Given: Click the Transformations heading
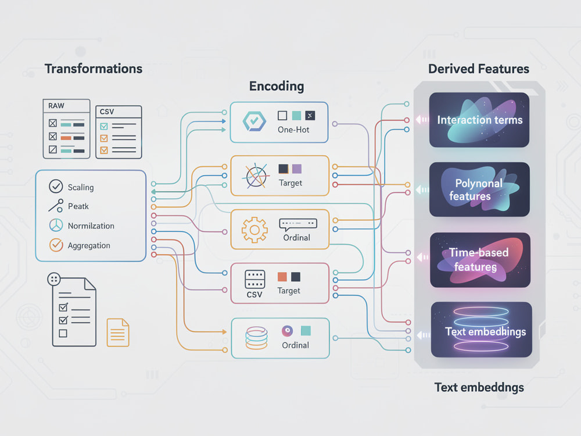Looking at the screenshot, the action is click(94, 69).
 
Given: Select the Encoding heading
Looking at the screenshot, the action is click(277, 87).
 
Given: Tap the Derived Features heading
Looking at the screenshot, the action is click(479, 69).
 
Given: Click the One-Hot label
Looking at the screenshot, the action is click(293, 130).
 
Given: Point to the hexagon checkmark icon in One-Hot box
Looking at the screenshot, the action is click(254, 121).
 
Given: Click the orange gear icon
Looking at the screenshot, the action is click(254, 230).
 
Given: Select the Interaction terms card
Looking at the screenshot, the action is click(479, 120).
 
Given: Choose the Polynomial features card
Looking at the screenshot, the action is click(479, 190).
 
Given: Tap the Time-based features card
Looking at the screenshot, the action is click(480, 260).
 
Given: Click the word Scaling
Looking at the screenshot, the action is click(81, 187).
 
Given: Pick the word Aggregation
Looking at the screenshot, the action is click(89, 245).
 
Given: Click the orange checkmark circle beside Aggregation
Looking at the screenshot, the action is click(56, 245).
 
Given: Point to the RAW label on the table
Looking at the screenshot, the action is click(56, 106).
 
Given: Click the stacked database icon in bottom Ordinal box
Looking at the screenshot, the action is click(256, 338).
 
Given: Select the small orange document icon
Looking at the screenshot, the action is click(118, 333).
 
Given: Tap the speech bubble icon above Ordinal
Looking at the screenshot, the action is click(298, 224).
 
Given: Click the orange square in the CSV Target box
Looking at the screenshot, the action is click(282, 277).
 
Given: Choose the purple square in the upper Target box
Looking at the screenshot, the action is click(297, 169).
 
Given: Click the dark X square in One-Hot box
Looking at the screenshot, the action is click(310, 116).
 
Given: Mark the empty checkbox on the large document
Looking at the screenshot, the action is click(63, 333).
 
